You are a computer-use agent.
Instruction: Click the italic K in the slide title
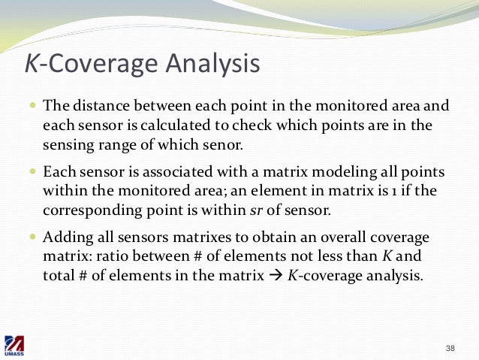tap(31, 64)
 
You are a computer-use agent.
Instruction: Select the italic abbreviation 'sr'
tap(278, 210)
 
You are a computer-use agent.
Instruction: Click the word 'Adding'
tap(64, 238)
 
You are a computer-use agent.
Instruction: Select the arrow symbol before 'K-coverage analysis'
tap(275, 276)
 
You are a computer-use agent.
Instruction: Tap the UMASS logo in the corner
tap(15, 346)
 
